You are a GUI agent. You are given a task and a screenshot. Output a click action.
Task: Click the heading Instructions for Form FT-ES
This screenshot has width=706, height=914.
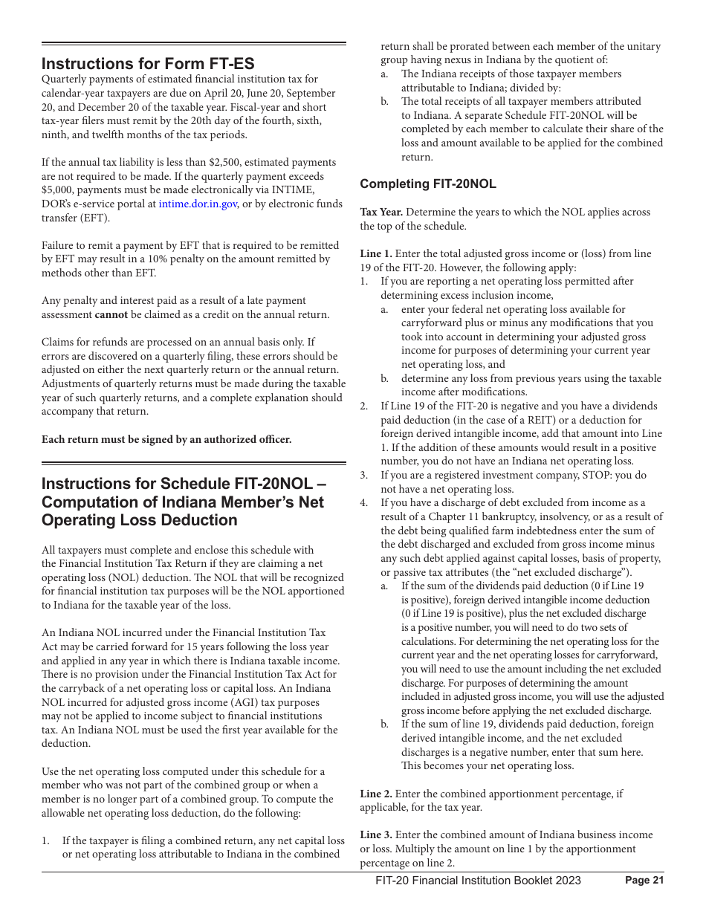coord(148,64)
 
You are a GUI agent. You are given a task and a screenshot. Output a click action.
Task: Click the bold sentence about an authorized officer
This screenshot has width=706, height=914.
coord(166,439)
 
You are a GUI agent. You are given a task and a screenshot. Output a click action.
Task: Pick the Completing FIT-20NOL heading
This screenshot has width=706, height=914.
coord(428,184)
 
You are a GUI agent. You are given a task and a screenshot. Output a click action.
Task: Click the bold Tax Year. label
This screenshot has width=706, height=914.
coord(381,213)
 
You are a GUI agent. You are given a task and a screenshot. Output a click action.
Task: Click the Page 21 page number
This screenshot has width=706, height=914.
coord(644,881)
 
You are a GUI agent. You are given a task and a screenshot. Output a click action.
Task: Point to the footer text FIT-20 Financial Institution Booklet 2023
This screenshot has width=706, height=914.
coord(478,881)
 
